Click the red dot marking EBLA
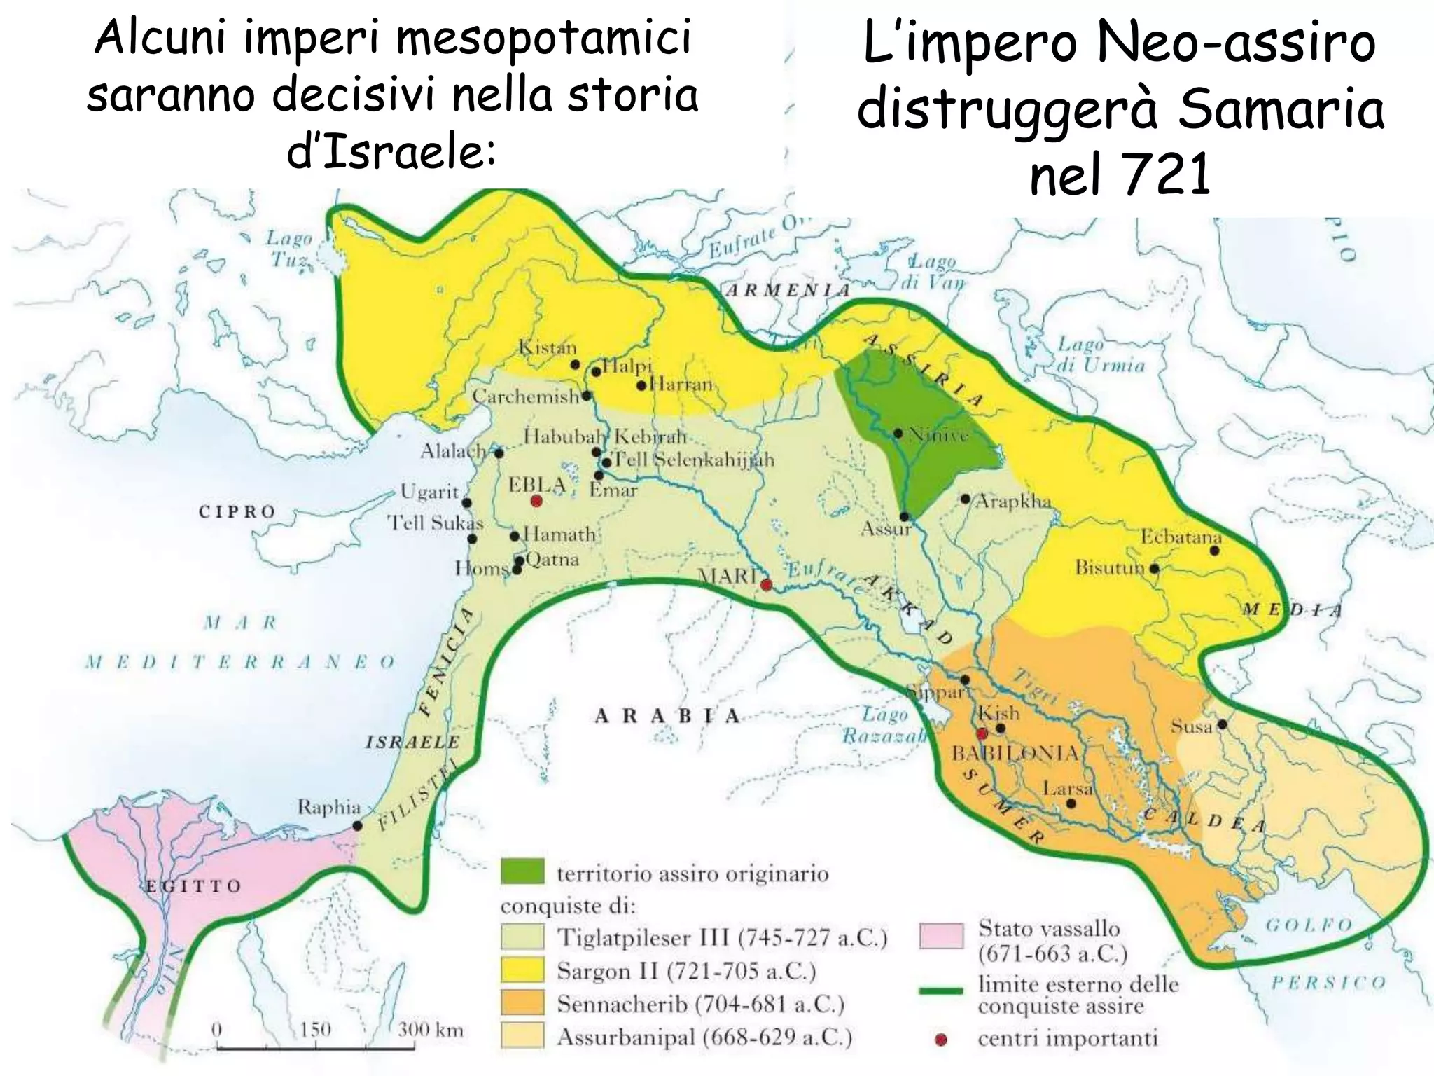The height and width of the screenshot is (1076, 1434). (536, 501)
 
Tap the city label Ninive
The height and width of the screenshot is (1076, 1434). (938, 435)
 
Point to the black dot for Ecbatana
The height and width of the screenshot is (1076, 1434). (1215, 551)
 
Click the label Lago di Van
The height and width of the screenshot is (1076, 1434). (933, 273)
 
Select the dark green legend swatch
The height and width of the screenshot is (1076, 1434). (522, 871)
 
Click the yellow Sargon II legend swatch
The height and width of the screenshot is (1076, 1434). (522, 970)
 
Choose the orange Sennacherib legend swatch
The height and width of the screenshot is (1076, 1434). (522, 1003)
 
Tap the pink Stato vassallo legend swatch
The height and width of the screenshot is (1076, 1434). (941, 936)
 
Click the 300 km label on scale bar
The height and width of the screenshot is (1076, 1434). (430, 1029)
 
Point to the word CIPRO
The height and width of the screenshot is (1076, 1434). (237, 511)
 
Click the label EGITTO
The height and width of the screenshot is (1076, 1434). (193, 886)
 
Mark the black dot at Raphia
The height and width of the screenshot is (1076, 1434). (357, 826)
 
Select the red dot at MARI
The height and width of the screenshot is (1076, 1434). (766, 584)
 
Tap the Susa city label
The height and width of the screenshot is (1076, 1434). (1191, 726)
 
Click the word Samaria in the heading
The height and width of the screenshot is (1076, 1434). (1281, 110)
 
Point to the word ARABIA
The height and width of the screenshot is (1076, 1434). (667, 716)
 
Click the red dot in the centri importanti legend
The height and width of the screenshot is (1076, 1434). (941, 1040)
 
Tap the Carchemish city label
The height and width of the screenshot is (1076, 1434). (525, 396)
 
